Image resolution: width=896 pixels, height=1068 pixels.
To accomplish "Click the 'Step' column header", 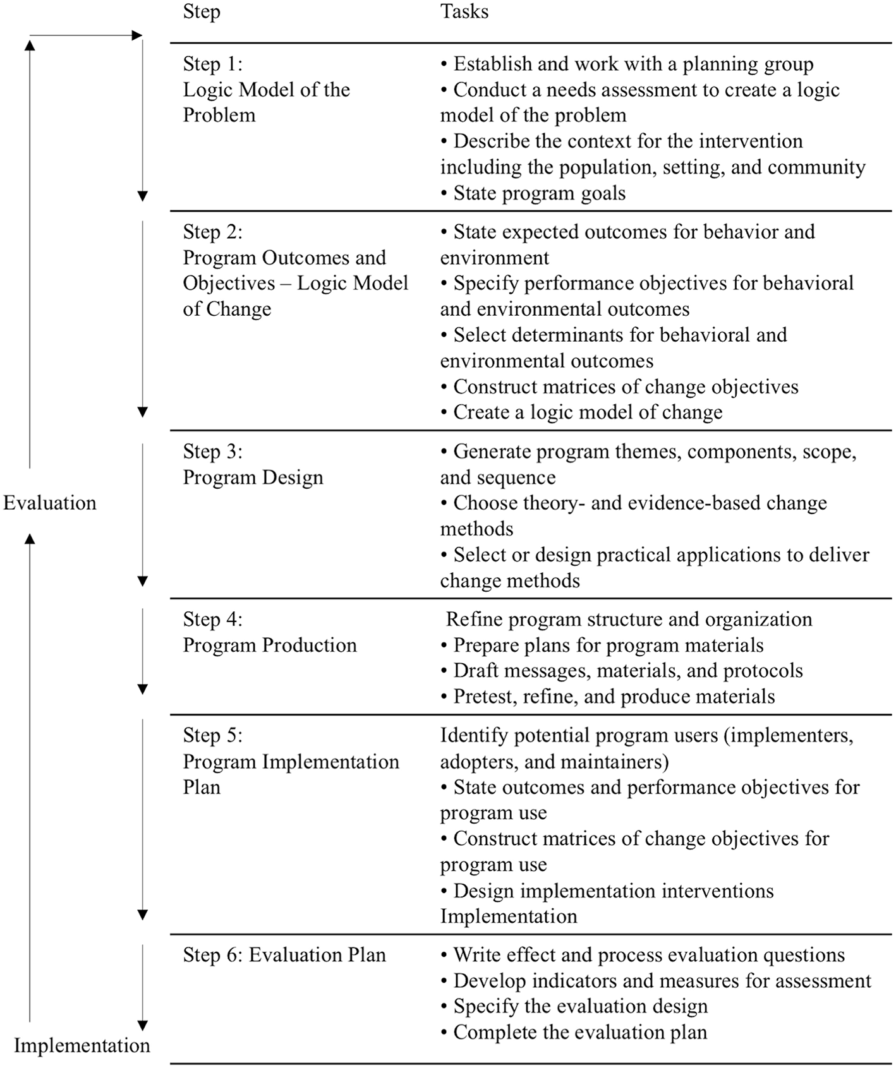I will pos(202,12).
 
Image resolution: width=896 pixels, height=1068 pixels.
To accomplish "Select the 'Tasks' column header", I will pos(464,12).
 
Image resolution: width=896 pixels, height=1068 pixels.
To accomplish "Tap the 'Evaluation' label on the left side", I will pos(50,503).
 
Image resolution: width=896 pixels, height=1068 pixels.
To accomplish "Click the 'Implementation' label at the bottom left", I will pos(82,1045).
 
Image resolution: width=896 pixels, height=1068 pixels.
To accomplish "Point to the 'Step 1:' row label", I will pos(213,64).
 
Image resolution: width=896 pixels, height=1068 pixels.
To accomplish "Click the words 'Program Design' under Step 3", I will pos(253,477).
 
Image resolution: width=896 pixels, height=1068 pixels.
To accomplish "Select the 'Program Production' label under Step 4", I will pos(270,645).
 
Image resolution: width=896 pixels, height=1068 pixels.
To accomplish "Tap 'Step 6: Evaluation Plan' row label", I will pos(284,955).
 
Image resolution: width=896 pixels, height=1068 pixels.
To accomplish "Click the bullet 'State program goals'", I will pos(539,193).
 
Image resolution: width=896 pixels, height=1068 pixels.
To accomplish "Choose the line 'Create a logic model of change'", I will pos(588,412).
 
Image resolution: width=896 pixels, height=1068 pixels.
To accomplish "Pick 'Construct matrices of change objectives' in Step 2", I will pos(626,387).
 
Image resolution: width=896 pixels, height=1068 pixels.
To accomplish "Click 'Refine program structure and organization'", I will pos(629,619).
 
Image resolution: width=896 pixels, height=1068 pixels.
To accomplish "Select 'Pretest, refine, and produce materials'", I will pos(614,697).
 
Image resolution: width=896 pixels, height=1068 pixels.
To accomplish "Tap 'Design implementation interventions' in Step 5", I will pos(613,891).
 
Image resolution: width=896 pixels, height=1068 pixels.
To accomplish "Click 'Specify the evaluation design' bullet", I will pos(580,1006).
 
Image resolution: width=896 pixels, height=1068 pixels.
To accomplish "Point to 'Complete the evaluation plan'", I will pos(580,1032).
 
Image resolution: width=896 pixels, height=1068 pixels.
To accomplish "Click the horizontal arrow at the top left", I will pos(85,35).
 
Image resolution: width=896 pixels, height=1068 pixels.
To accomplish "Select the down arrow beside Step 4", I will pos(143,651).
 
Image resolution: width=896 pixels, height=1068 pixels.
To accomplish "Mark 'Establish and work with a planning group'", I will pos(633,64).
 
